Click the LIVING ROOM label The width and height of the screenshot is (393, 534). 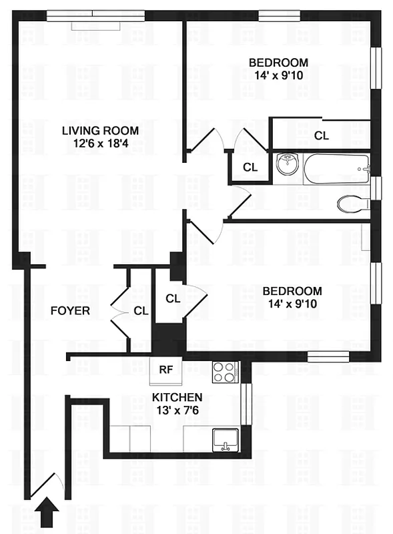(101, 130)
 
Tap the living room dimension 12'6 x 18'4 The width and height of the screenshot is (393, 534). (101, 143)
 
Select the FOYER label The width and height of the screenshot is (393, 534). (70, 311)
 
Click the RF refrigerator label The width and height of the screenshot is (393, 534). (165, 368)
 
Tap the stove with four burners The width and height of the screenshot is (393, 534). (224, 372)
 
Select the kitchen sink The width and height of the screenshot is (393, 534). (226, 440)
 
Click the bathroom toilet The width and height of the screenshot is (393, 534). (351, 203)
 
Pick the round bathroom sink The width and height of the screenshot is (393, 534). (288, 164)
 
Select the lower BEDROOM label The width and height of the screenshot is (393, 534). (292, 291)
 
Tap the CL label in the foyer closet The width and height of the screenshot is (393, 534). (140, 310)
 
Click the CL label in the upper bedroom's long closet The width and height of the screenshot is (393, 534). (322, 136)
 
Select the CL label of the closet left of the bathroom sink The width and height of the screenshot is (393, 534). (250, 167)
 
